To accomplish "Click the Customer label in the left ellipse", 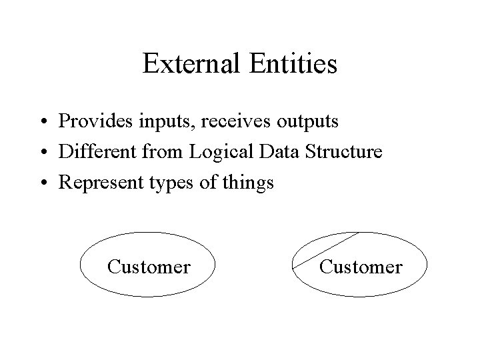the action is (149, 267).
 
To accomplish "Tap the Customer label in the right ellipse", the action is (361, 267).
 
